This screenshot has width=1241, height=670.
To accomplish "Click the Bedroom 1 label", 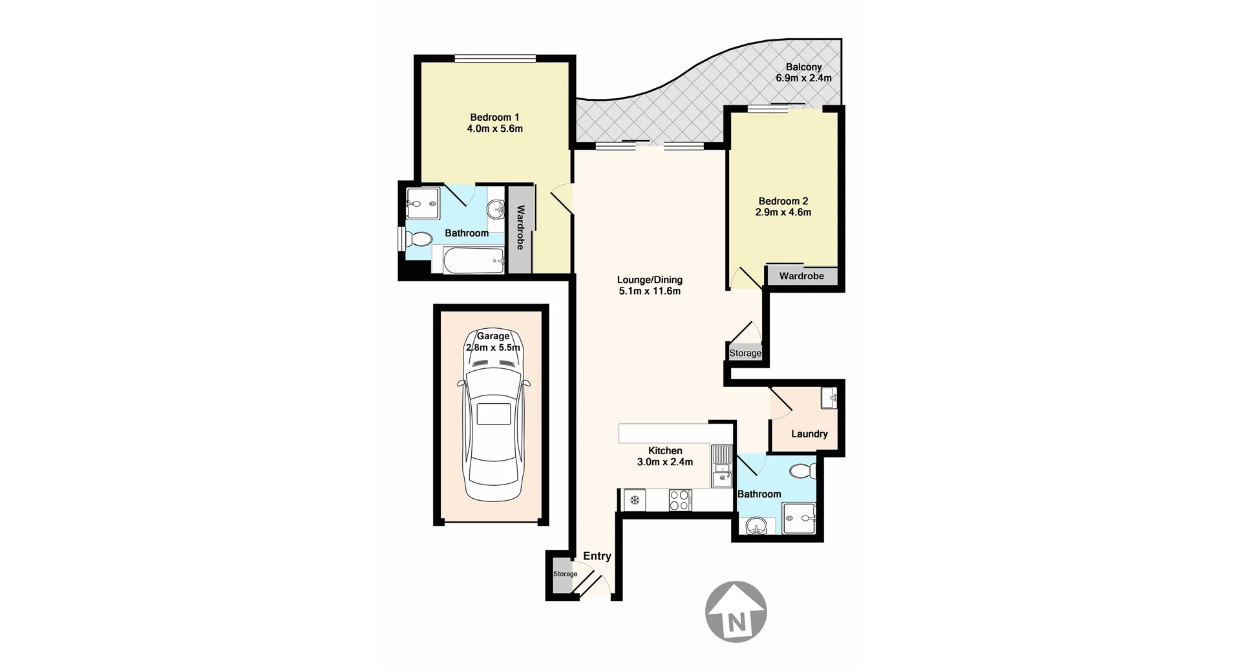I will (494, 118).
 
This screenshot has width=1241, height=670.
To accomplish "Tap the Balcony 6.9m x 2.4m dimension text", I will (803, 78).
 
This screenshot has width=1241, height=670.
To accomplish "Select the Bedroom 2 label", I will (783, 201).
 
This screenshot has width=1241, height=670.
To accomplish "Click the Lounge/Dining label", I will (650, 280).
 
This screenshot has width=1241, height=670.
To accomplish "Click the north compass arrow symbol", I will (736, 611).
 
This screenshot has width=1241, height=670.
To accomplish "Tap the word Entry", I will (597, 556).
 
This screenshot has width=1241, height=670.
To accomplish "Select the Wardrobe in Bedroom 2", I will (801, 276).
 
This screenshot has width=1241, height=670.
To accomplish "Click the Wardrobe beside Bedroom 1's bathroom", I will (520, 227).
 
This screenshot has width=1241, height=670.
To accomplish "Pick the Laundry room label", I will (809, 434).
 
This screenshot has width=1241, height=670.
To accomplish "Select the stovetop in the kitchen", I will (680, 500).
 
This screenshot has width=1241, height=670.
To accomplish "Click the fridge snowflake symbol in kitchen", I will (635, 500).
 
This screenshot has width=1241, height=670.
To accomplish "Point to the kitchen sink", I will (721, 466).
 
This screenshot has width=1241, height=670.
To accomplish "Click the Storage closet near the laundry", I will (745, 353).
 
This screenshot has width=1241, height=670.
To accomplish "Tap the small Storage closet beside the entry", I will (564, 574).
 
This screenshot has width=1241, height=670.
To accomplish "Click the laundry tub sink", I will (829, 397).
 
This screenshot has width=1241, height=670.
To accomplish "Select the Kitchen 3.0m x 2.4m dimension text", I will (664, 462).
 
